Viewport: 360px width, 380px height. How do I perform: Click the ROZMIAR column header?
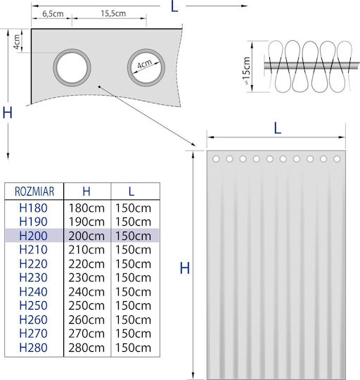tap(34, 191)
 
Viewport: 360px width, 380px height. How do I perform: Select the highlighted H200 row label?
tap(34, 236)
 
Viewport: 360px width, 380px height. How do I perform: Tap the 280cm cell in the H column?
tap(86, 348)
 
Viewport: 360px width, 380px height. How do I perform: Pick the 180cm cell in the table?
tap(86, 208)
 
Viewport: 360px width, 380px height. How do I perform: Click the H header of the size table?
tap(86, 191)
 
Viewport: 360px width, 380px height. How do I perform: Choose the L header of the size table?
tap(131, 191)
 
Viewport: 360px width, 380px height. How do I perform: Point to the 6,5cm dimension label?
tap(53, 14)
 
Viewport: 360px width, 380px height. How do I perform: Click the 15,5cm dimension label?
tap(113, 13)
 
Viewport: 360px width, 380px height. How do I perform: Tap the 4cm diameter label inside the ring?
tap(145, 64)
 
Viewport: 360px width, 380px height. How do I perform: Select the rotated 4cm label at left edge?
tap(17, 42)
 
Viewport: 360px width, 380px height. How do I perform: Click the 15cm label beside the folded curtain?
tap(246, 68)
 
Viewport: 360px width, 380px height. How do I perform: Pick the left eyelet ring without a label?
tap(72, 68)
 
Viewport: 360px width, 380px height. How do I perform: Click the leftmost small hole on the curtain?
tap(216, 159)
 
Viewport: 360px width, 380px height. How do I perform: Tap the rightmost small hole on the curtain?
tap(337, 159)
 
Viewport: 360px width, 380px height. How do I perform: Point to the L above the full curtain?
tap(278, 129)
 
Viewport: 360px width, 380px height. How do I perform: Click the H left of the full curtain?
tap(185, 268)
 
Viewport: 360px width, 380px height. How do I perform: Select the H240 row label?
tap(34, 292)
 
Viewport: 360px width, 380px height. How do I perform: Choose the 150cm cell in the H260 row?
tap(133, 320)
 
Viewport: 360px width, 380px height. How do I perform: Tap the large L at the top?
tap(174, 6)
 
